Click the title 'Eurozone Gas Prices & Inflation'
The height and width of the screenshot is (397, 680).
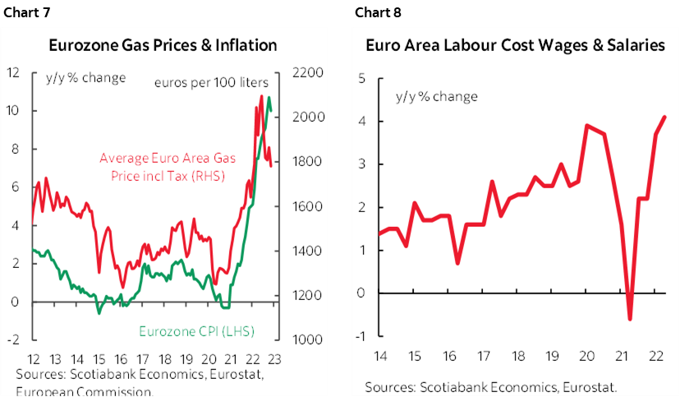pyautogui.click(x=163, y=44)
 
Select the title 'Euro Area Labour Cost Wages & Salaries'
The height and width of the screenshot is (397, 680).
pyautogui.click(x=516, y=45)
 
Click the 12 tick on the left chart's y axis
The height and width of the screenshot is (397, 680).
pyautogui.click(x=13, y=72)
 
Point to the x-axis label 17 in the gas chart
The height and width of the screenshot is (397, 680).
pyautogui.click(x=141, y=359)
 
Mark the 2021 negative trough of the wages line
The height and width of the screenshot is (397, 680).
pyautogui.click(x=630, y=320)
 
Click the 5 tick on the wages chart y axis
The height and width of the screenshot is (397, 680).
pyautogui.click(x=361, y=79)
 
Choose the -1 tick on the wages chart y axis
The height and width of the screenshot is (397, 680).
pyautogui.click(x=359, y=335)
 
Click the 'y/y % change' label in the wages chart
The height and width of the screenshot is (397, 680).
pyautogui.click(x=437, y=96)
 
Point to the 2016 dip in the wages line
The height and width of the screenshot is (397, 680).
pyautogui.click(x=457, y=263)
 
